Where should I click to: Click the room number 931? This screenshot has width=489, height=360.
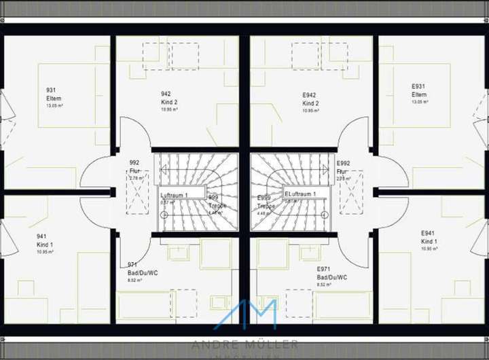point(51,90)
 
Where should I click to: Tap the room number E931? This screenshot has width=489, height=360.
point(418,86)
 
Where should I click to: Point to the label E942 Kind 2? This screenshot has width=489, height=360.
point(310,99)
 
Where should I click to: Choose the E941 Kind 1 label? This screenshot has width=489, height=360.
point(428,237)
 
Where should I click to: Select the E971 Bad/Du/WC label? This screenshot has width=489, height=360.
point(331,273)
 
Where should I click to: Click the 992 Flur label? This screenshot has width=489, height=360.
point(134,167)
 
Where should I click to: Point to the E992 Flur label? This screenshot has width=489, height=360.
point(344,168)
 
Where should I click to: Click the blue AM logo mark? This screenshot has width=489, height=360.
point(244,315)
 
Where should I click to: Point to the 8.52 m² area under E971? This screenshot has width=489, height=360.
point(324,285)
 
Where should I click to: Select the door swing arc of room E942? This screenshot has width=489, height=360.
point(353,132)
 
